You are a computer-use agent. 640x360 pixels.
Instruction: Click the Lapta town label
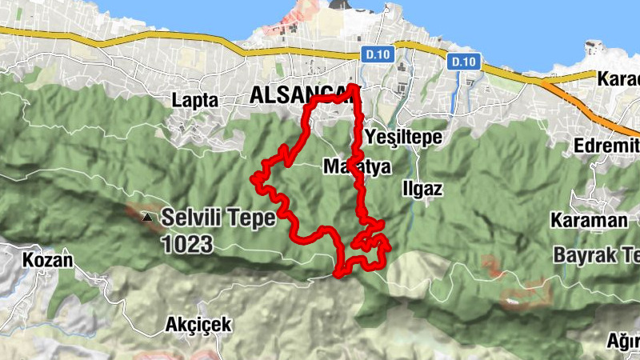pos(196,100)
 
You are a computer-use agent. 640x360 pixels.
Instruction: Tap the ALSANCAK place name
pos(300,94)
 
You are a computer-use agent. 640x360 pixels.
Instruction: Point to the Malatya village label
pos(357,168)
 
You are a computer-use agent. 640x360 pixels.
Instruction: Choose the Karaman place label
pos(577,220)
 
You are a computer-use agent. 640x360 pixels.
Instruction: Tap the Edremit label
pos(607,146)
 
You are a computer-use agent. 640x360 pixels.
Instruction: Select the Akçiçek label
pos(198,324)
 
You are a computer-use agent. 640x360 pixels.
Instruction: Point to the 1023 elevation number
pos(187,244)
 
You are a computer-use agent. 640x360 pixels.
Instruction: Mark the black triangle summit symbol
pos(146,217)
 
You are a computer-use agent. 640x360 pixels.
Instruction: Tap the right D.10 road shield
pos(463,61)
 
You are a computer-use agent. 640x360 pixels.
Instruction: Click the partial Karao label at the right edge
pos(619,79)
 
